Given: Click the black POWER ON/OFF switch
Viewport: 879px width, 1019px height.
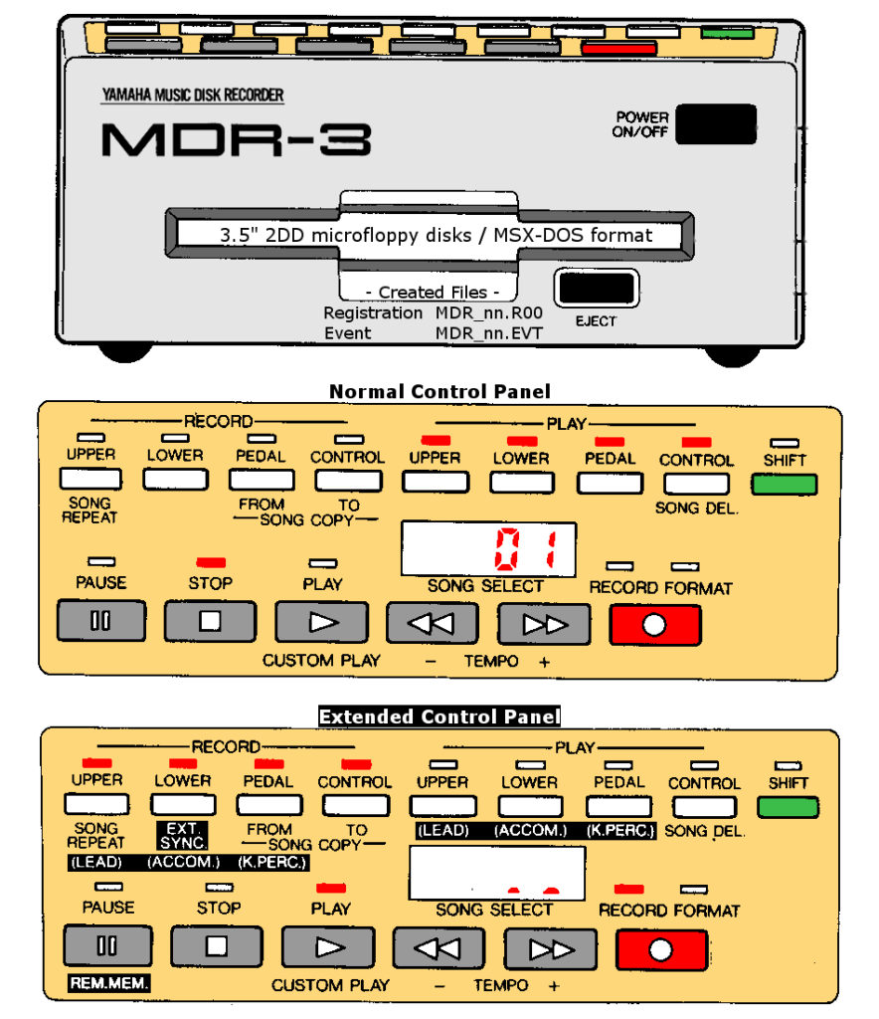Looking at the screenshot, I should pos(714,124).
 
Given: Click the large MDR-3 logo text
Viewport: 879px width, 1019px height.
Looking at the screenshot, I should pos(236,140).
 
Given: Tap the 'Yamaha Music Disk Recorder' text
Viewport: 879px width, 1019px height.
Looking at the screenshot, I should pos(192,96).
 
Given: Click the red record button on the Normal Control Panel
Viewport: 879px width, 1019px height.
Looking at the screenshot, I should pos(655,625).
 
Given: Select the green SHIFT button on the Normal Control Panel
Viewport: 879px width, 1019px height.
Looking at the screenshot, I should pos(785,485).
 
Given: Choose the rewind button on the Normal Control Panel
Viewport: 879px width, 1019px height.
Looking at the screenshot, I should pos(432,624).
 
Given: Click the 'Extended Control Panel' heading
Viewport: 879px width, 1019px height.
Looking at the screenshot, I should pos(439,716).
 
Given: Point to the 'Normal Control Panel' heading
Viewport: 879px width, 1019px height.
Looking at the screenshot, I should pos(439,391).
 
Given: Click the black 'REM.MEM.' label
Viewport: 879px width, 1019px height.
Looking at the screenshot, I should pos(108,984).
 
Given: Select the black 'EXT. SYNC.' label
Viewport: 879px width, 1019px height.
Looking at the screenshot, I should pos(182,835).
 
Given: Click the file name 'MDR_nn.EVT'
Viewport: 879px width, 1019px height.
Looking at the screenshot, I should pos(488,333).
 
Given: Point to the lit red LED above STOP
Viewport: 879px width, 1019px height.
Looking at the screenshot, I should pos(211,563).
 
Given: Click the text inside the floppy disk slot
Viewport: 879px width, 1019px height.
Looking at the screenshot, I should pos(436,236).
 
